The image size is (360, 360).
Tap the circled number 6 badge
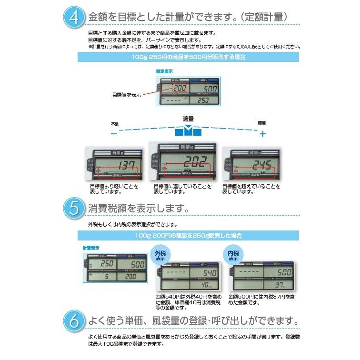coord(73,320)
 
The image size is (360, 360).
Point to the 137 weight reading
coord(114,165)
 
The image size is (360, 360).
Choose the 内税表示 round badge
coord(232,256)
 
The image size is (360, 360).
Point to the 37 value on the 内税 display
coord(280,285)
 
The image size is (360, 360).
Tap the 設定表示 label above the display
coord(164,71)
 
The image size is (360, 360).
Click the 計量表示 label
coord(91,248)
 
